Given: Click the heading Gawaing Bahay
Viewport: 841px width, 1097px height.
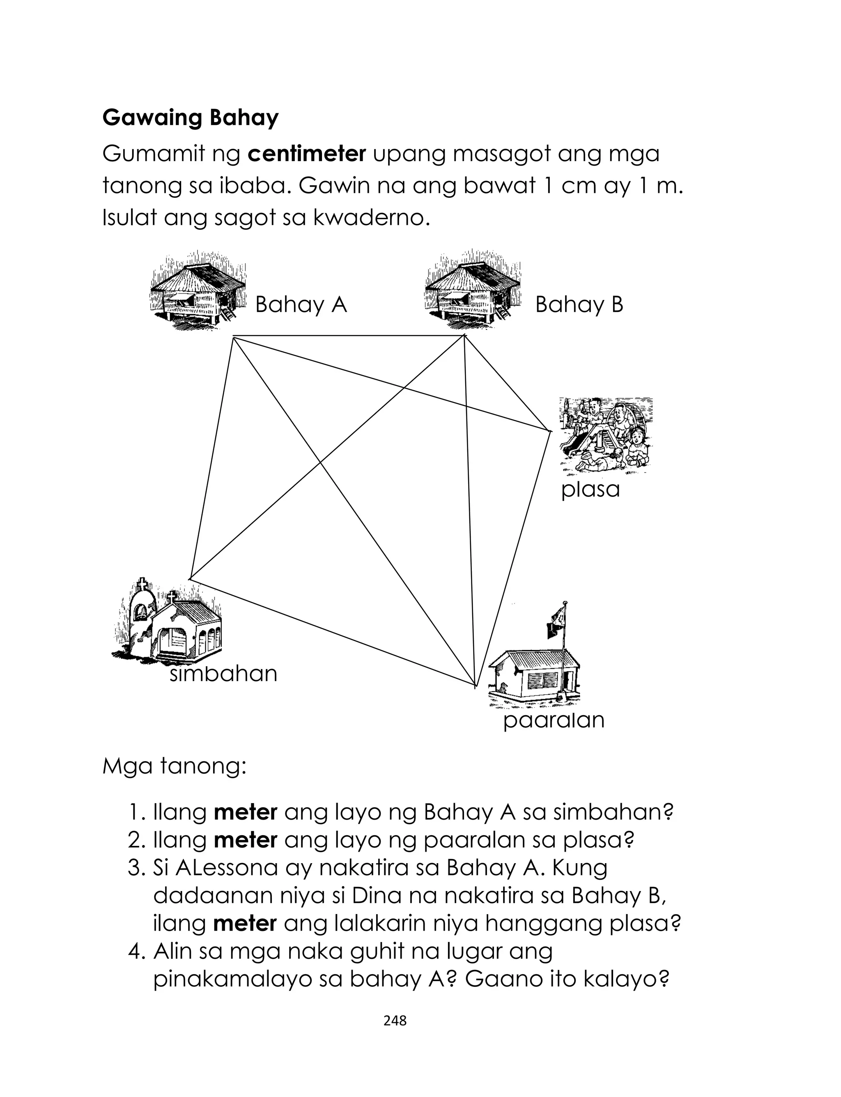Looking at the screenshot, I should [190, 118].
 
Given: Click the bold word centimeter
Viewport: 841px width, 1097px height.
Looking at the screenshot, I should [307, 154].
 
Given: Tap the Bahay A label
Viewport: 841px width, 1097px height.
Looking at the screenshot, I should [301, 305].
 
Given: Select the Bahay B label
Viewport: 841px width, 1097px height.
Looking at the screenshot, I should [579, 305].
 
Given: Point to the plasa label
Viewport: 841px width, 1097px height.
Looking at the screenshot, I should [590, 490].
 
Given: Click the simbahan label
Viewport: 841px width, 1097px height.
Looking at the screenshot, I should [223, 674].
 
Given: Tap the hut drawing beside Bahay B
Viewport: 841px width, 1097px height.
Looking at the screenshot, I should [472, 291].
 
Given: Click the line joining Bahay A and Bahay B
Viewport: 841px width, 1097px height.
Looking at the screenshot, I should [350, 336].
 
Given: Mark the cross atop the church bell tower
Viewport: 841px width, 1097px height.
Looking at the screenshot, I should [142, 584].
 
